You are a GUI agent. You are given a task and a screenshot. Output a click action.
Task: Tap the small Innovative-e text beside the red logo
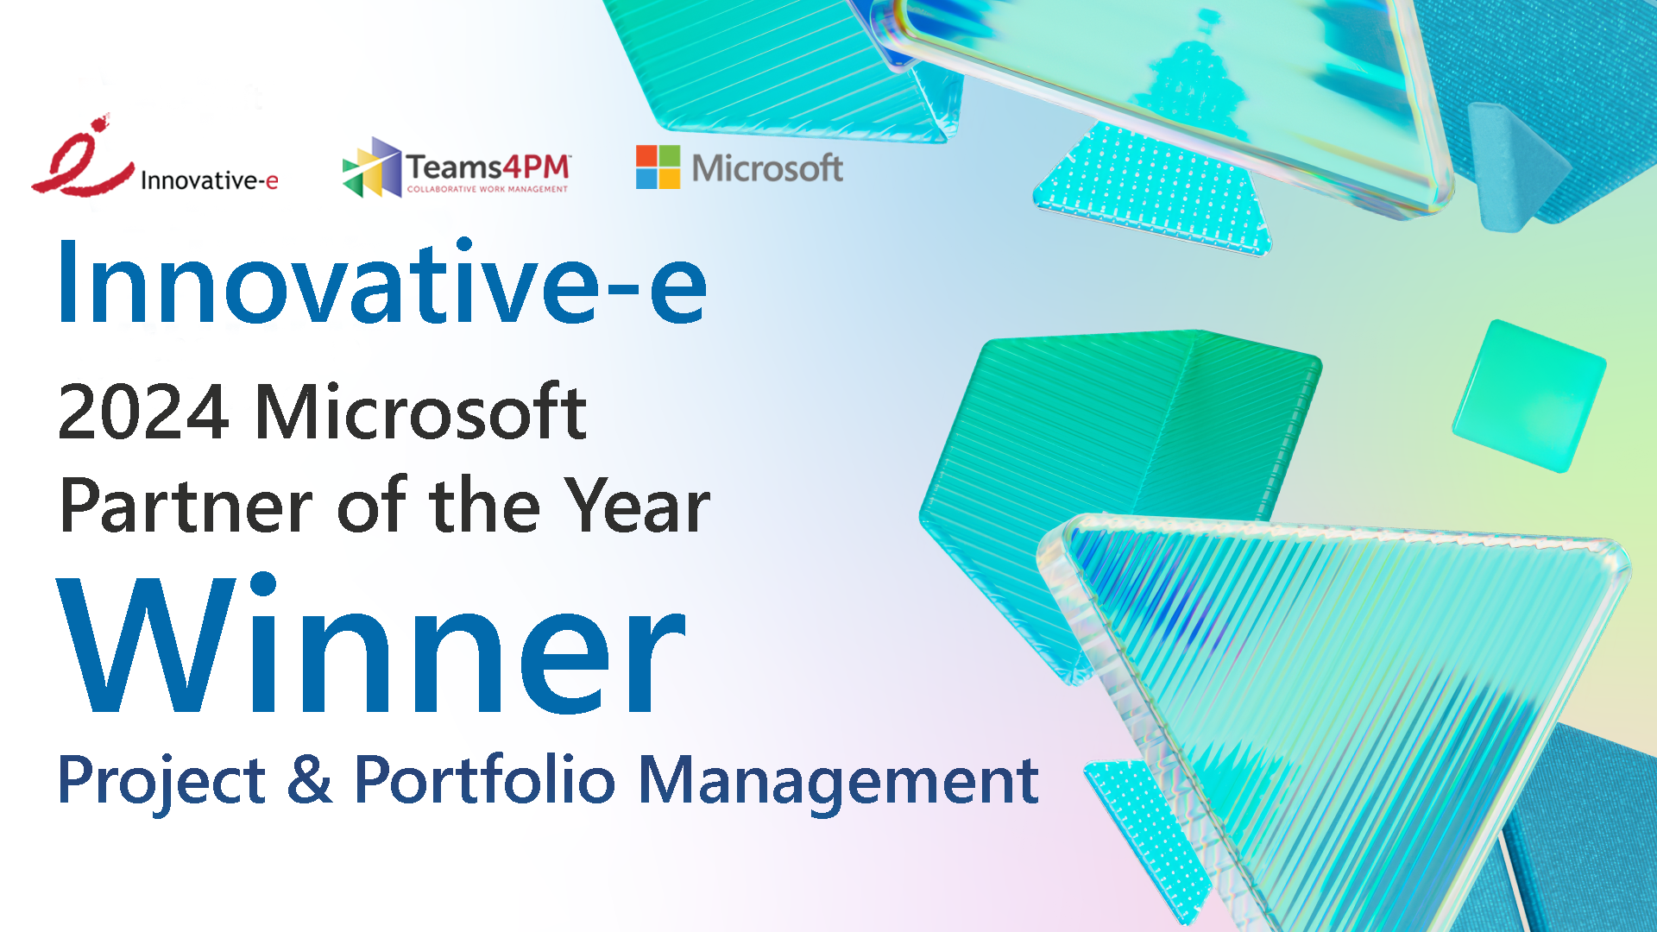click(209, 180)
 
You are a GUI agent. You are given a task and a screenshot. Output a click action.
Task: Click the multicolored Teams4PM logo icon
click(372, 167)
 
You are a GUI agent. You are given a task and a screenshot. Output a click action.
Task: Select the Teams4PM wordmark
click(488, 167)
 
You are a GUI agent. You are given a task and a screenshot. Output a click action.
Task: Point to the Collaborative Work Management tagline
click(488, 189)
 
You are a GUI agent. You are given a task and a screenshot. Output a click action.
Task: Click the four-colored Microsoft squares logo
click(658, 167)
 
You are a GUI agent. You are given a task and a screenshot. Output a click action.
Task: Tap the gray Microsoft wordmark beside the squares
click(767, 168)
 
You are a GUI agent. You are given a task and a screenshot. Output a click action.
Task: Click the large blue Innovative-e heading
click(382, 282)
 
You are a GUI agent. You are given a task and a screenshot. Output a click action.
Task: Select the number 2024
click(144, 412)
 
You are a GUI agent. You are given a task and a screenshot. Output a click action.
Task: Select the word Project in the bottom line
click(161, 782)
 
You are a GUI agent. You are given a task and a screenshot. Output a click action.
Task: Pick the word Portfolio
click(485, 778)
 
